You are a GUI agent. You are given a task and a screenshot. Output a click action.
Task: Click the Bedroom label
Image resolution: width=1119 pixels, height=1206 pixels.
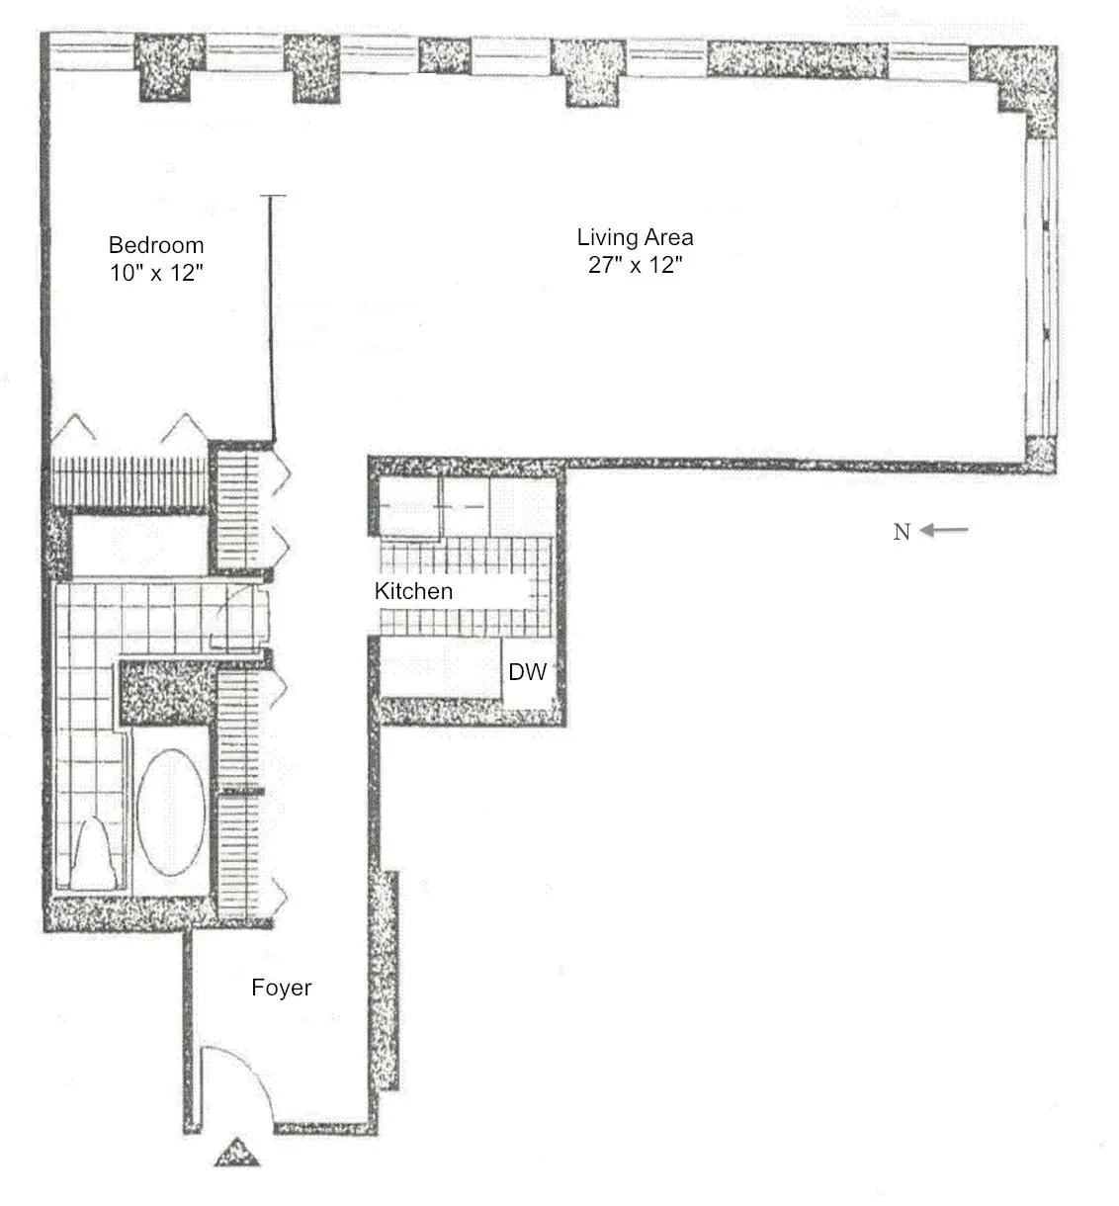156,245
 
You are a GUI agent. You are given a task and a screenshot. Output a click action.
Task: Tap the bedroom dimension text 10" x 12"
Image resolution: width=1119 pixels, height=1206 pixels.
156,273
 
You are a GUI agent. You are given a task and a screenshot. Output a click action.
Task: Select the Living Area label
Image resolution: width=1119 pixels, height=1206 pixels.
635,237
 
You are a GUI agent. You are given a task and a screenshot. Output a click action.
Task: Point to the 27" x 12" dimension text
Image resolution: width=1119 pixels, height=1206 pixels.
635,265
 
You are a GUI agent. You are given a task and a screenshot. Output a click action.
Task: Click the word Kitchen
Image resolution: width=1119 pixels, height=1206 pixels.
413,591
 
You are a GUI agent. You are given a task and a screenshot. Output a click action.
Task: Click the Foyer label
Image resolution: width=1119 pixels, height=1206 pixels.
281,988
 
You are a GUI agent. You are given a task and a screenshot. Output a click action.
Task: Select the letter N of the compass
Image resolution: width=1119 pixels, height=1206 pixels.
902,532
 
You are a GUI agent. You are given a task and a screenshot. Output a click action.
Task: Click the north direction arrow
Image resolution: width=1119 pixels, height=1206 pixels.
945,531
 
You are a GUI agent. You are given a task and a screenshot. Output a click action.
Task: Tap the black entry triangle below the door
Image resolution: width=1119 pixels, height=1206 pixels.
236,1154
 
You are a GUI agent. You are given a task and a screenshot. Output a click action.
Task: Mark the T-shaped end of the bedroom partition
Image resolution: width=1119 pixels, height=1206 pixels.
273,198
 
